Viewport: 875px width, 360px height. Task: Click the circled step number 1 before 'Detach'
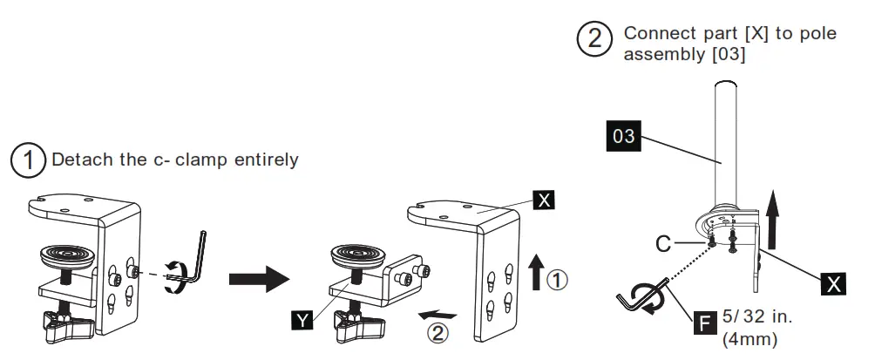pos(28,161)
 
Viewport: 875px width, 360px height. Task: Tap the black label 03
pos(624,137)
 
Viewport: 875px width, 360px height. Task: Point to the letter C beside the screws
pos(665,243)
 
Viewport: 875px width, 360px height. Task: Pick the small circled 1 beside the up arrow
pos(558,280)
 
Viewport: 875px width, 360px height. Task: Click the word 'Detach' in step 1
pos(78,160)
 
